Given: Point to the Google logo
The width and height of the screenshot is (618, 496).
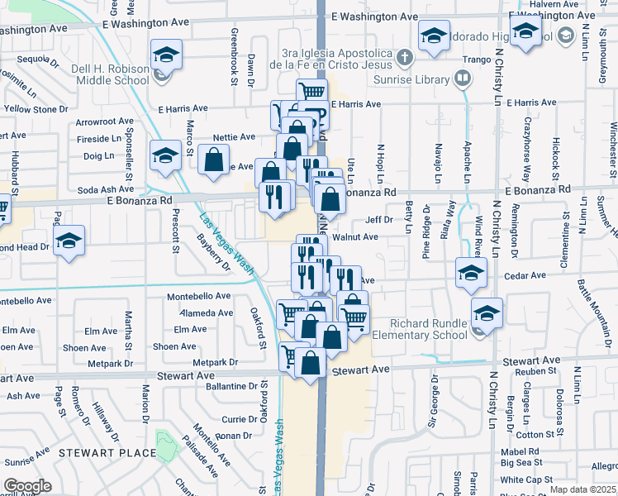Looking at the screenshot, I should click(27, 485).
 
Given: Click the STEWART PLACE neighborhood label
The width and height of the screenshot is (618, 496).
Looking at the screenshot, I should click(107, 452).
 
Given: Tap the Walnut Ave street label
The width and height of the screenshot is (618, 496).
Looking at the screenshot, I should click(354, 236).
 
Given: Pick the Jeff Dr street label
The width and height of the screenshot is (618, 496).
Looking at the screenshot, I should click(379, 220).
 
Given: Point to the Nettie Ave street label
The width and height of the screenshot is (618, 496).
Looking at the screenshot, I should click(234, 137).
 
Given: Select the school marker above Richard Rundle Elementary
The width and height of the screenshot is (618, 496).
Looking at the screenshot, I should click(487, 313).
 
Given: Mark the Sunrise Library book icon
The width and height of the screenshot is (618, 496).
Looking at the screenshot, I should click(462, 79).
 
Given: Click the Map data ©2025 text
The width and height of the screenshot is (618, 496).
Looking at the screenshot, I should click(582, 489).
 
